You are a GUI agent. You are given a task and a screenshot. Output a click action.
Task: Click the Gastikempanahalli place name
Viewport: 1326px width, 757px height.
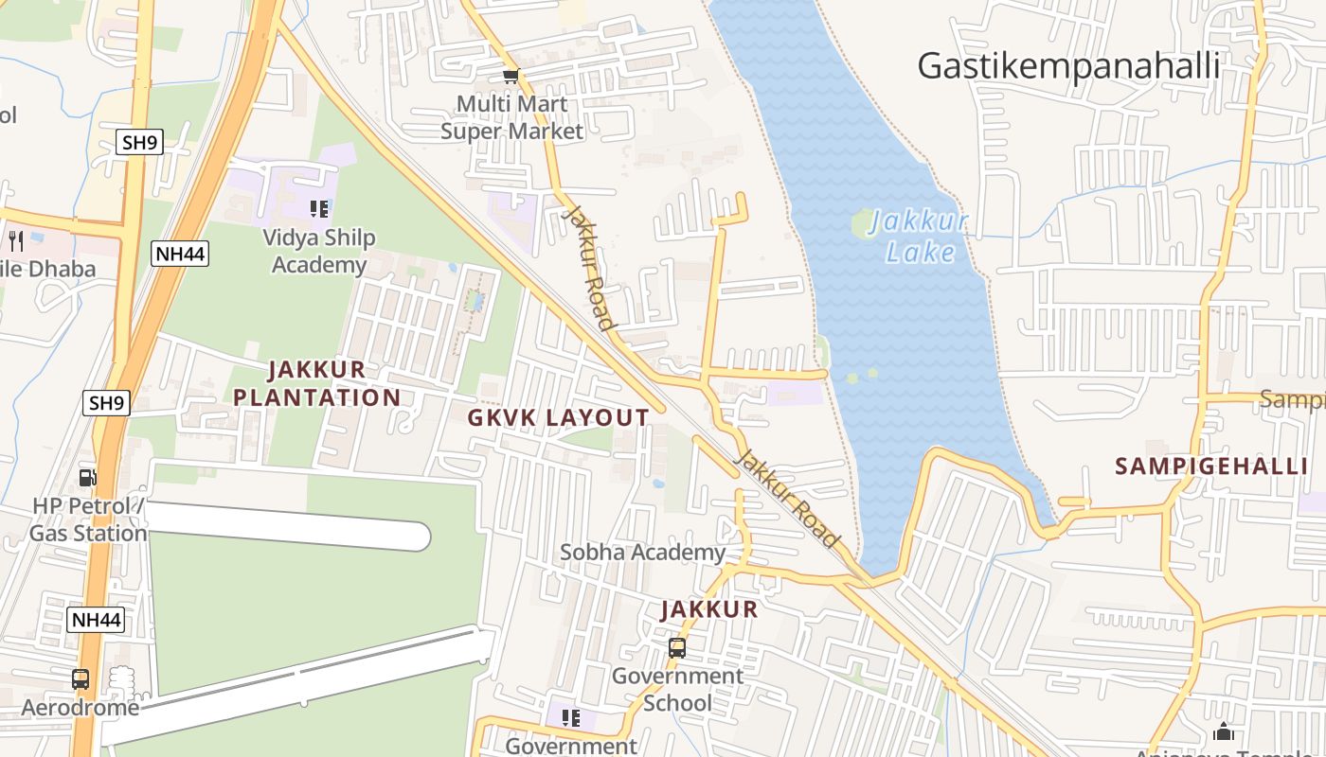[x=1068, y=66]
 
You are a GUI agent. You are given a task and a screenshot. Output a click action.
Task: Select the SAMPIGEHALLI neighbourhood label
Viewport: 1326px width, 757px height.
[x=1211, y=466]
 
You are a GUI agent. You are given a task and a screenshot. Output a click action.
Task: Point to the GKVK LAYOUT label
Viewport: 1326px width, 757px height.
[x=560, y=417]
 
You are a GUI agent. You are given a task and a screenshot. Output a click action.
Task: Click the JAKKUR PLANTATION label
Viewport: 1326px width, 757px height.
[x=317, y=383]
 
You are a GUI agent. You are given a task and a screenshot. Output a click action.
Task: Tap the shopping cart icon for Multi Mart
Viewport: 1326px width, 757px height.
[x=511, y=76]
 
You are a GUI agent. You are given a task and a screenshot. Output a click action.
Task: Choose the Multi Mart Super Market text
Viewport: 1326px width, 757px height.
[x=511, y=117]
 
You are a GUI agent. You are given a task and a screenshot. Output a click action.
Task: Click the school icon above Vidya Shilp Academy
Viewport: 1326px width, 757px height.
[x=319, y=209]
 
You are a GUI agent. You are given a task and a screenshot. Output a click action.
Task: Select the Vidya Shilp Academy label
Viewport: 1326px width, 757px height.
[x=319, y=252]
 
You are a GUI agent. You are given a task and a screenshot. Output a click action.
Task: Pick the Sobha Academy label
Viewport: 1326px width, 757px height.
[x=643, y=552]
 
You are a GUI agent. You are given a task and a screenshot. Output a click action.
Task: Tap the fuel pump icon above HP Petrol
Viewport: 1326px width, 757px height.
[x=87, y=479]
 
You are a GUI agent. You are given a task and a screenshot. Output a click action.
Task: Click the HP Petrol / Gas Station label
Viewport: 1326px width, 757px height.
[x=88, y=519]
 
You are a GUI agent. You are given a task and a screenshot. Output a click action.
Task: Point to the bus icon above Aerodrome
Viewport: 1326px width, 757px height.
[x=81, y=678]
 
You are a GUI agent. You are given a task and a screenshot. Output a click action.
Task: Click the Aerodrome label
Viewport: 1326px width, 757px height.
[x=81, y=708]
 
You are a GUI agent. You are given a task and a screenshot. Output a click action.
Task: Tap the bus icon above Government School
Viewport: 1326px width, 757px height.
[x=677, y=648]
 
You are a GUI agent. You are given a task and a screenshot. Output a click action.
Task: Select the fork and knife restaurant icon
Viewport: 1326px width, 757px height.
[x=16, y=240]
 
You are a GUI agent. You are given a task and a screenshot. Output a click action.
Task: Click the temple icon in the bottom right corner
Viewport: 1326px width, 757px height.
[x=1224, y=731]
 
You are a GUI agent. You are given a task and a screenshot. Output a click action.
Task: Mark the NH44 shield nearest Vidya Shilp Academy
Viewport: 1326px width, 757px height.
[x=179, y=254]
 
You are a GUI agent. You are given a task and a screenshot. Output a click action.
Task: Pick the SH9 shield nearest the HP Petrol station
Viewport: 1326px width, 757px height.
[x=106, y=403]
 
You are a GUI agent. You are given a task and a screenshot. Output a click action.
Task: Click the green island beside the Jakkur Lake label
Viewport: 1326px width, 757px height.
[x=863, y=225]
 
